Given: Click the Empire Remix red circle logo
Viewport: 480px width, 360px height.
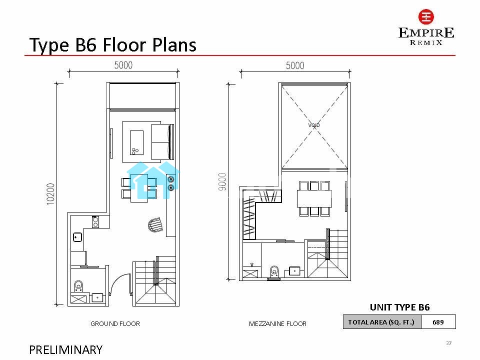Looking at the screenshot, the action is (426, 17).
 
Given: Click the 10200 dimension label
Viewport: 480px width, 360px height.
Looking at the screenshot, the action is (50, 194).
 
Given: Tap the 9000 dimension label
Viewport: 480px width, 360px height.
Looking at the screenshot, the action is (222, 181).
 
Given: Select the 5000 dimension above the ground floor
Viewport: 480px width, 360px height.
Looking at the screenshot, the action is (123, 65).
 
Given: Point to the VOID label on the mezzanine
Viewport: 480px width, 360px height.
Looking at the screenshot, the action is (314, 125).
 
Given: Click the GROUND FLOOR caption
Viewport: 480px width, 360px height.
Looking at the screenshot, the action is (115, 323).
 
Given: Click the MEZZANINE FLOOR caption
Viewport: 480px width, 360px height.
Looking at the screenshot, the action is (277, 323).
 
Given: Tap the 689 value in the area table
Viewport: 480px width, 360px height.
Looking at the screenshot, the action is (438, 322).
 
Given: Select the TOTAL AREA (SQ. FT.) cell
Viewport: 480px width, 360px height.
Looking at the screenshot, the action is (381, 322).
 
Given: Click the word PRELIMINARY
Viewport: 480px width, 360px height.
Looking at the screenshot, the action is (66, 349).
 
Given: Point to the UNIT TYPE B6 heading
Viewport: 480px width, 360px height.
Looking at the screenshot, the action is (400, 307).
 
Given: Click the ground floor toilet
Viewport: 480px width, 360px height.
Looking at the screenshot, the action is (78, 286).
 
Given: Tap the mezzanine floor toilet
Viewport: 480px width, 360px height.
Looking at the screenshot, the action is (274, 272).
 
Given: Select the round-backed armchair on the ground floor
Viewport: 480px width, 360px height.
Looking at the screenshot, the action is (155, 225).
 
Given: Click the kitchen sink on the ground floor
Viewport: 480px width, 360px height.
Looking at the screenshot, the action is (77, 237).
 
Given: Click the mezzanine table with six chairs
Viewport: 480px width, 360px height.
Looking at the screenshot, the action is (314, 198).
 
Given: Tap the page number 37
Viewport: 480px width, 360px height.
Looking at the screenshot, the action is (449, 343).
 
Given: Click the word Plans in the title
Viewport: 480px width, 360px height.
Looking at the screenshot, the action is (174, 45).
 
